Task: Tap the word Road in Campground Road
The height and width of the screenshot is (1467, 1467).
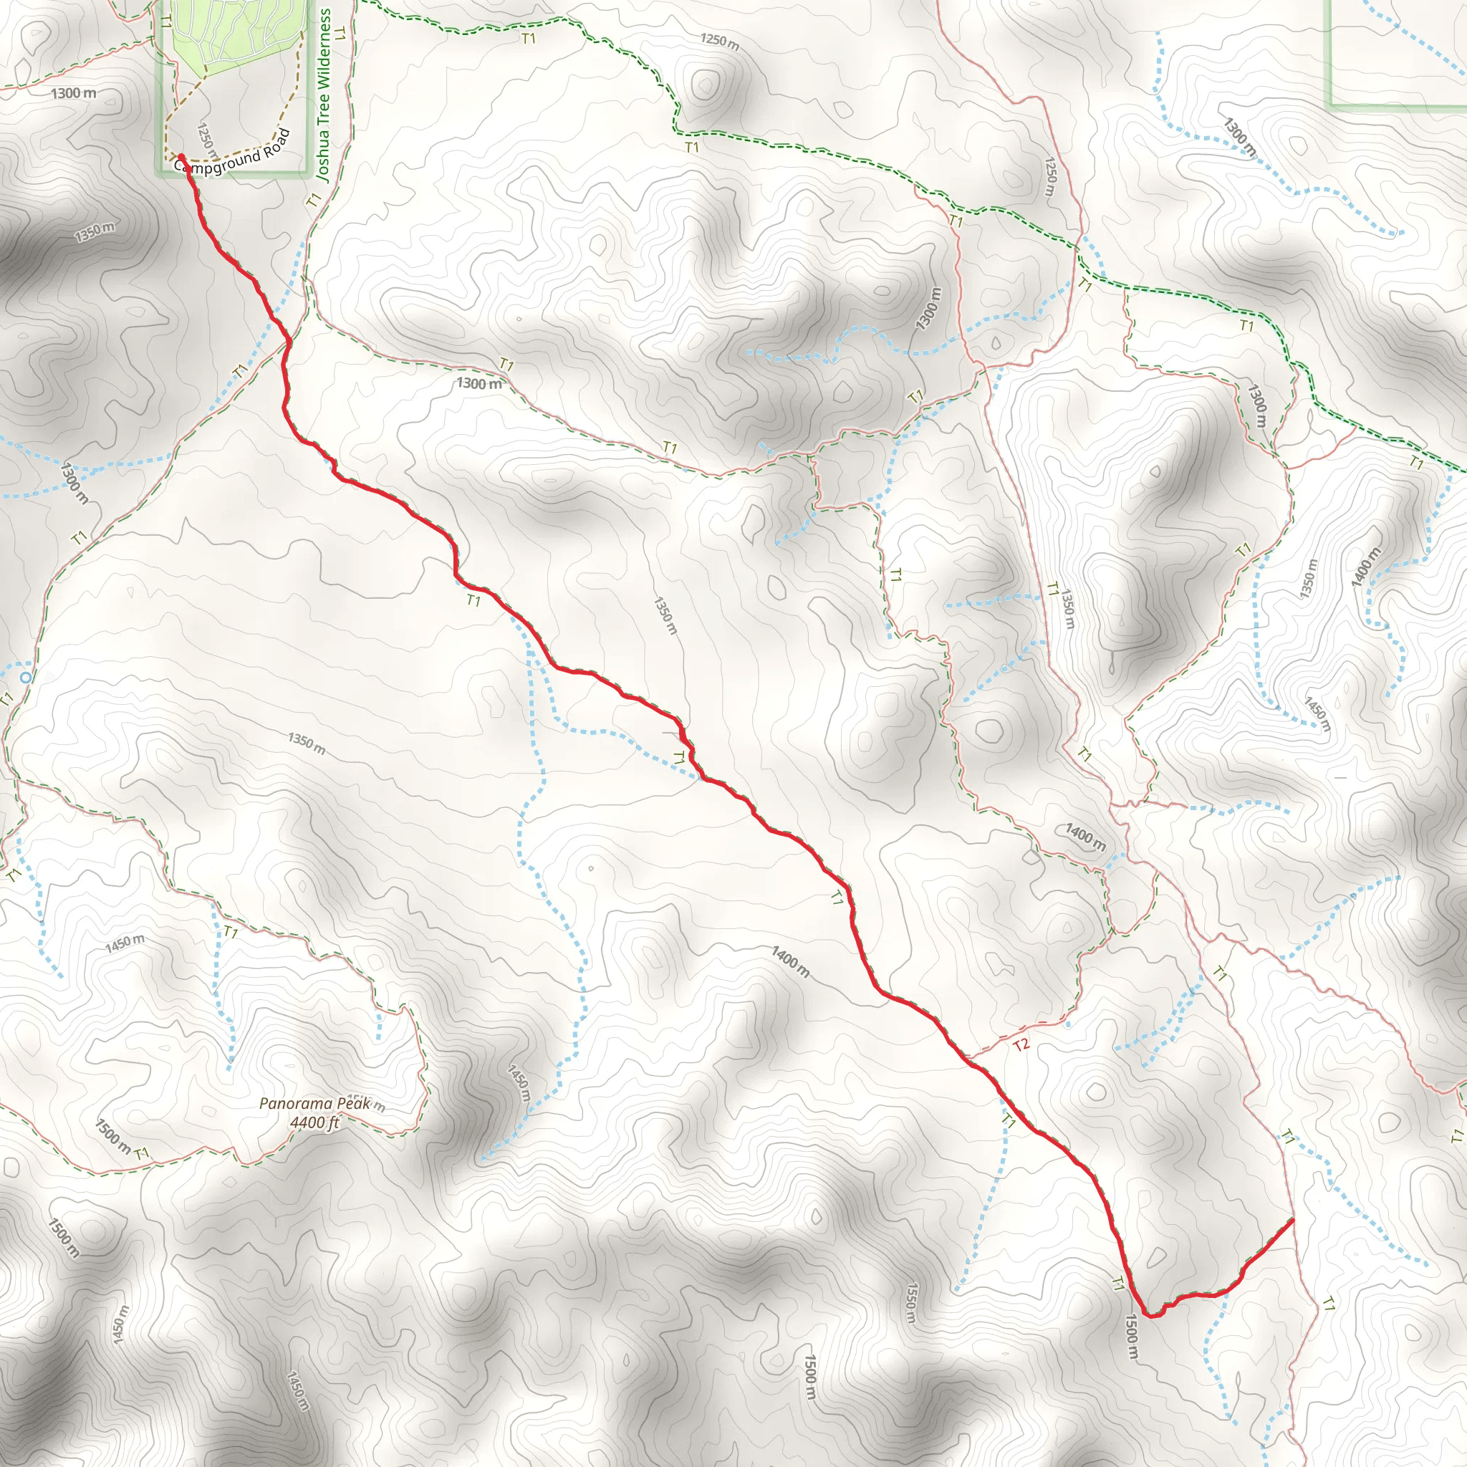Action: (275, 142)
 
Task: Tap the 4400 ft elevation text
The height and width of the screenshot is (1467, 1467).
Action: (314, 1122)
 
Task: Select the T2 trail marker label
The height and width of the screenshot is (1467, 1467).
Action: (1021, 1046)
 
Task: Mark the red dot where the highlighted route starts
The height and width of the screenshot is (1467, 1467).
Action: (181, 158)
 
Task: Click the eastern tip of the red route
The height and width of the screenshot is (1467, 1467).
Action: (1292, 1241)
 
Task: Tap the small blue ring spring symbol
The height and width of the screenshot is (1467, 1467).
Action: (26, 676)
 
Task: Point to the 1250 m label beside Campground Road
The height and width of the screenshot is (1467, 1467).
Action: (207, 141)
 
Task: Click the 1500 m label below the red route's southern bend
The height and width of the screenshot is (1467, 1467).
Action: (1131, 1337)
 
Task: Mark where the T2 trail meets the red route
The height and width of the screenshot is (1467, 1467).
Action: (966, 1057)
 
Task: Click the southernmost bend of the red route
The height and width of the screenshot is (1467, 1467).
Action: (1151, 1316)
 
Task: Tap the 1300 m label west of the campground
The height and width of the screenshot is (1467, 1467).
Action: (74, 93)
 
